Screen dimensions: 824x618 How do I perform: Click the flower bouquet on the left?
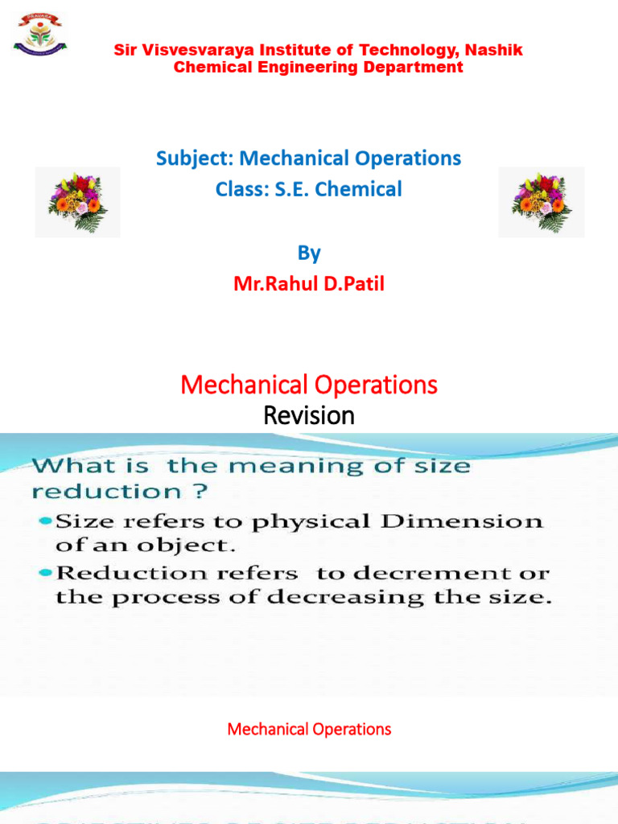(x=77, y=202)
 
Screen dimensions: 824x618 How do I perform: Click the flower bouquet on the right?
(x=542, y=202)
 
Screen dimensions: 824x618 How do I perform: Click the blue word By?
(x=309, y=253)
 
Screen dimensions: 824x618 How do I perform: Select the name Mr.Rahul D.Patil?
(x=309, y=284)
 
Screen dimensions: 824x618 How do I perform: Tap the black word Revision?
(x=309, y=416)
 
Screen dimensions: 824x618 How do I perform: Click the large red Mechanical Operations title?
(x=309, y=385)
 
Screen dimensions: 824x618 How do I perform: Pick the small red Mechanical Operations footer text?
(x=309, y=729)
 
